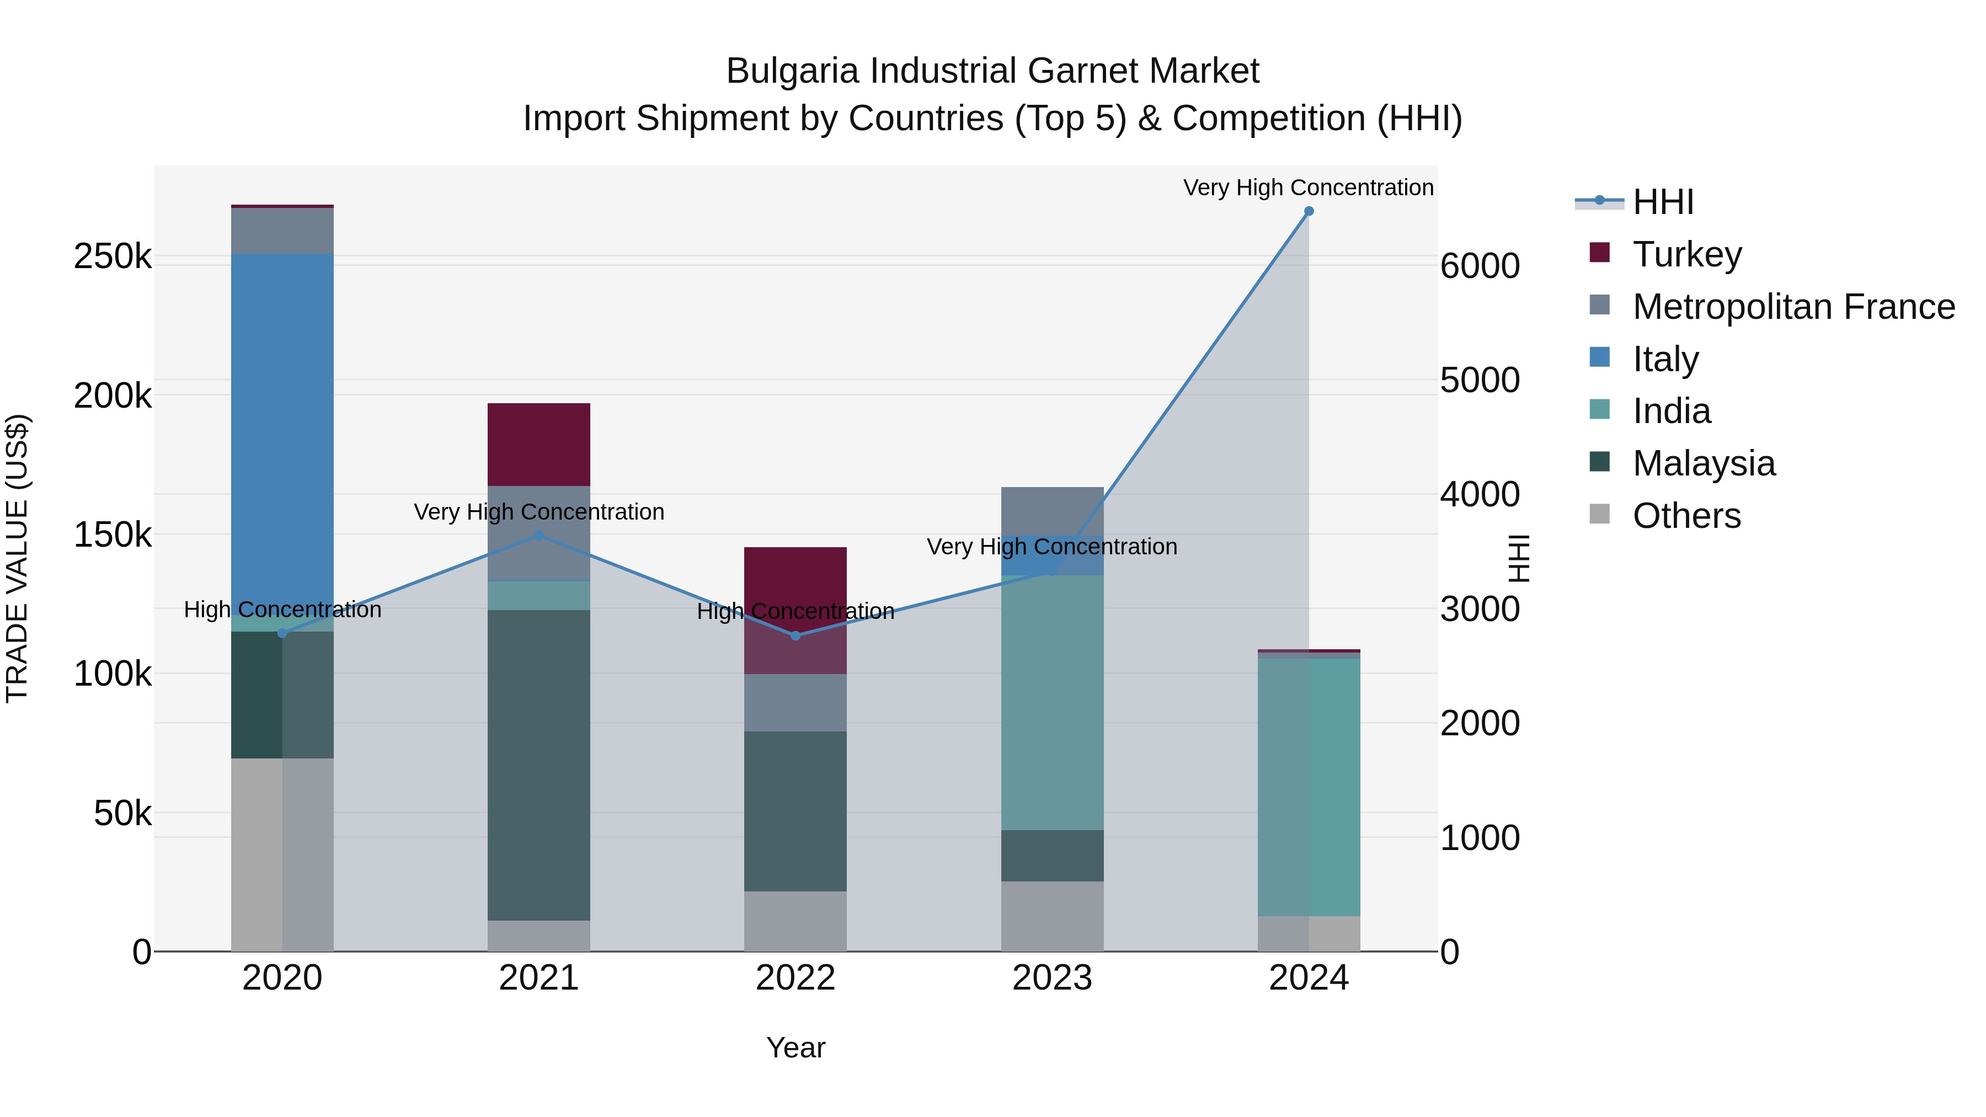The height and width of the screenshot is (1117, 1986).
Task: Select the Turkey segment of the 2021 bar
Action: pos(539,444)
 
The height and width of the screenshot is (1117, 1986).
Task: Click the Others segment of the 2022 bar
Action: pos(795,921)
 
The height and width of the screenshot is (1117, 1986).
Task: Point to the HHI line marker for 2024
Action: pos(1309,211)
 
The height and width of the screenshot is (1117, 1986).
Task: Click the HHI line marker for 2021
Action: pos(539,536)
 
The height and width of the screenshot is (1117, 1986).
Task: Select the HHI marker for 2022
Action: pos(796,636)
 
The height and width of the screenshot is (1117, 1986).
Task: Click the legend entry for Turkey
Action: pos(1687,254)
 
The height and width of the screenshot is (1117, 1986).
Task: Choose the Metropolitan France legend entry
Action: pos(1793,307)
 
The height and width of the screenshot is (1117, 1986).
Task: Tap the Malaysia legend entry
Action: pos(1704,463)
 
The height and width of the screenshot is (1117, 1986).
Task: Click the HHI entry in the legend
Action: pos(1662,202)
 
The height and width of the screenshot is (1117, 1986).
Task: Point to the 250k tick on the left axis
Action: pos(113,256)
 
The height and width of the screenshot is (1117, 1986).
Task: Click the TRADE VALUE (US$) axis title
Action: pos(17,558)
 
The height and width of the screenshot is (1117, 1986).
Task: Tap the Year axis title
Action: pos(796,1047)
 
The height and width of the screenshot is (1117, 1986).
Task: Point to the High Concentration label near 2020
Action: pos(282,610)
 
